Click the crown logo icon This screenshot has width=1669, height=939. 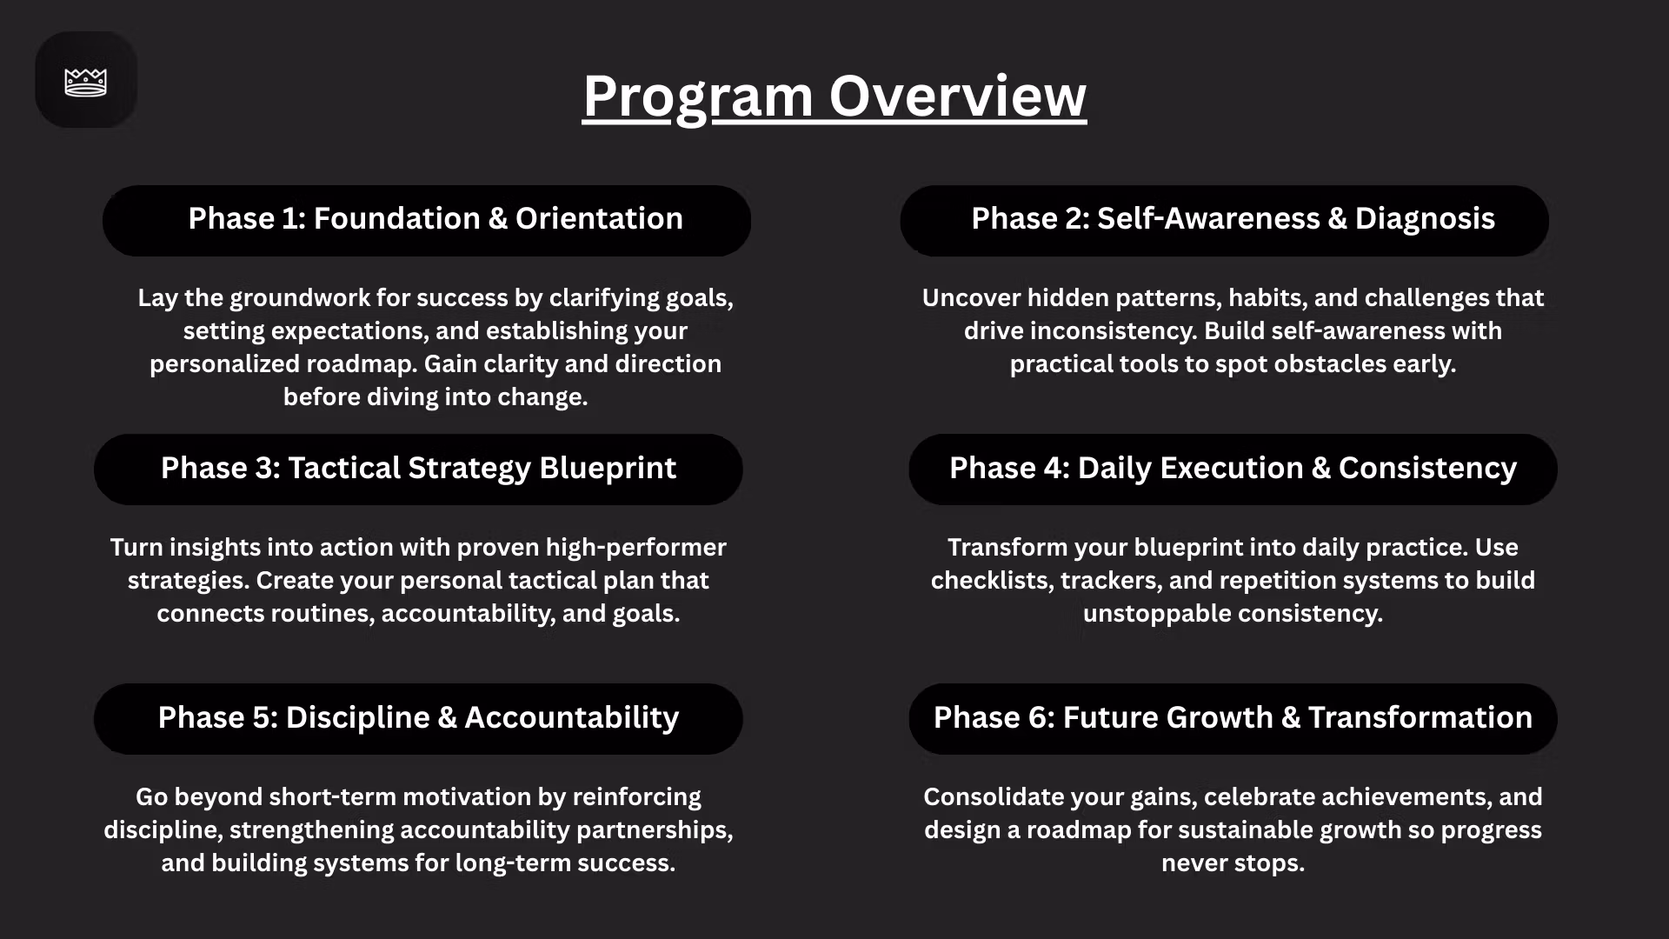[x=86, y=83]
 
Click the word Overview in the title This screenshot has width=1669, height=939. [x=958, y=96]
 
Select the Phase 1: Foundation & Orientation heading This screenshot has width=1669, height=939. [x=436, y=218]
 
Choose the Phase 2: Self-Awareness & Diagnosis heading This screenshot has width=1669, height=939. [x=1233, y=218]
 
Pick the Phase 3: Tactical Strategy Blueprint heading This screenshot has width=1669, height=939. [x=418, y=468]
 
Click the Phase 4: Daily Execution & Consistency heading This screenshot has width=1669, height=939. [x=1233, y=468]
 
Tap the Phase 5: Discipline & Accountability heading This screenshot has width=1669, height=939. [x=418, y=717]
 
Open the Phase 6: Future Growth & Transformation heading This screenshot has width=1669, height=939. [x=1233, y=717]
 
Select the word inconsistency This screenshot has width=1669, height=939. [x=1107, y=331]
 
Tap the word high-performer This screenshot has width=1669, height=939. [x=635, y=548]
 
